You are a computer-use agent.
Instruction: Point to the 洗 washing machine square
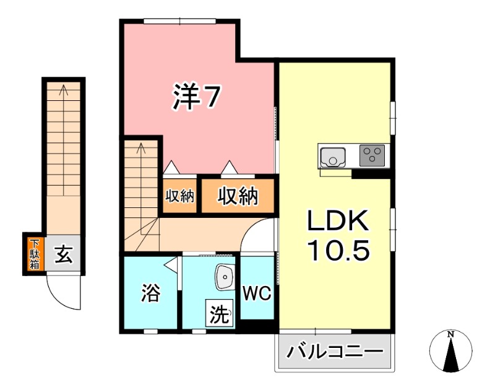tap(219, 314)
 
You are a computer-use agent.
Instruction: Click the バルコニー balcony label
tap(334, 354)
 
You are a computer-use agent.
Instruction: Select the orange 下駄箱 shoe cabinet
tap(33, 254)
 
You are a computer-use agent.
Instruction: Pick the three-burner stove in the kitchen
tap(371, 155)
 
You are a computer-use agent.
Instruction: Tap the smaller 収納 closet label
tap(180, 197)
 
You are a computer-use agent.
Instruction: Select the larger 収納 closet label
tap(237, 197)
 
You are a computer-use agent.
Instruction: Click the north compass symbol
tap(451, 353)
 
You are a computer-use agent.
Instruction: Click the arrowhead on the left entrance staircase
tap(63, 90)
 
